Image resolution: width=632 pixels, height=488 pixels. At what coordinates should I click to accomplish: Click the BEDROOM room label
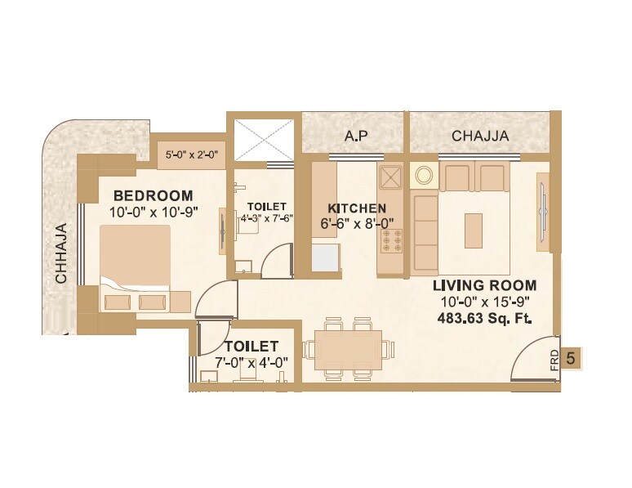pos(154,195)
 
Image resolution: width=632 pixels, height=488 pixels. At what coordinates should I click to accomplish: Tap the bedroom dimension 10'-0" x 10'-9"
pos(154,213)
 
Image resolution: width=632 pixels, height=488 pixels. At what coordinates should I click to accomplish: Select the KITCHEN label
pos(357,208)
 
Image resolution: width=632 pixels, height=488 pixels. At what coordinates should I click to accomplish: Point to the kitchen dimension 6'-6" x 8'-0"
pos(357,223)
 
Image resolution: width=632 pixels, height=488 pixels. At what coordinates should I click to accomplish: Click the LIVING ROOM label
pos(484,285)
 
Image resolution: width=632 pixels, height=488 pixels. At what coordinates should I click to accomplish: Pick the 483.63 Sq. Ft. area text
pos(484,320)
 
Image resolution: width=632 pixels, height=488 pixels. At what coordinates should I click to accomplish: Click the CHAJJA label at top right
pos(480,136)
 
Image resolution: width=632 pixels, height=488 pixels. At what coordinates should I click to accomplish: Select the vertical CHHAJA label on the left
pos(61,254)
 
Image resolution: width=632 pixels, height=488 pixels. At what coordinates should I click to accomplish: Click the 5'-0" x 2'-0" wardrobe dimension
pos(190,153)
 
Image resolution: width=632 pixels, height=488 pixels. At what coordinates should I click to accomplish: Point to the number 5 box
pos(572,356)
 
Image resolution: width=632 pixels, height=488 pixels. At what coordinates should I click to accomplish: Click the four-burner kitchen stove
pos(391,243)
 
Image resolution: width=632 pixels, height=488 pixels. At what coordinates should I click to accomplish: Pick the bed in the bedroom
pos(136,266)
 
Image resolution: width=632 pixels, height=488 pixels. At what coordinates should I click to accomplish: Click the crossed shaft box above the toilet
pos(262,141)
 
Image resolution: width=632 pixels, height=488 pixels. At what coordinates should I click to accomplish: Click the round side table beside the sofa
pos(425,175)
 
